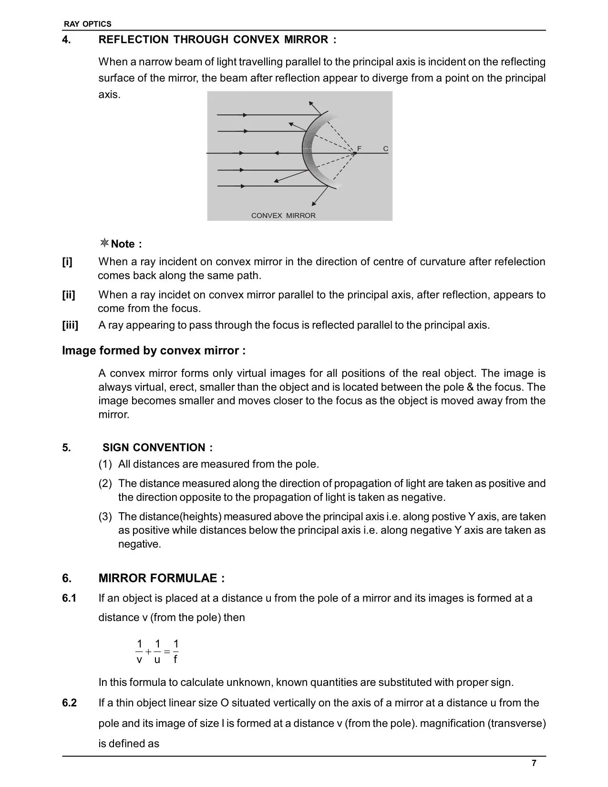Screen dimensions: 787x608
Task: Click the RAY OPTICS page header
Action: pos(88,24)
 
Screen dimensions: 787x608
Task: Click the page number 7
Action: pos(534,763)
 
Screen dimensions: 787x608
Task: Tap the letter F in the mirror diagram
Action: pos(360,149)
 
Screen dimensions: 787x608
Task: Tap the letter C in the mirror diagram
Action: pos(385,149)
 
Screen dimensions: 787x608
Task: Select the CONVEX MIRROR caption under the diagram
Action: pos(283,216)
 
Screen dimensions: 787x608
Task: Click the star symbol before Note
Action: pos(104,243)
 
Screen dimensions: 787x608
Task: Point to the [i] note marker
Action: pos(67,262)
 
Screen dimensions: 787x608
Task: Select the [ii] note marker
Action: pos(69,295)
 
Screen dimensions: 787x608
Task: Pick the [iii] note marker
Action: pos(70,325)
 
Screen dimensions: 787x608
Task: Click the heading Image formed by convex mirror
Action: pos(154,351)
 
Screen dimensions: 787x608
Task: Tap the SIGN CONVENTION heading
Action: pos(157,447)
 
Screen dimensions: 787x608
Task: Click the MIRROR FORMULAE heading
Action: pos(161,578)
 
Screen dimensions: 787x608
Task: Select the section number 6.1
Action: pos(69,598)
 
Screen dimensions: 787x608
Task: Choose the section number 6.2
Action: pos(69,703)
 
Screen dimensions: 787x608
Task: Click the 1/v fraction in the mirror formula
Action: pos(139,652)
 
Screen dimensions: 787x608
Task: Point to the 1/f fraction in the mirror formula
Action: pos(175,652)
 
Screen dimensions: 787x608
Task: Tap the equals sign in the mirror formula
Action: pos(167,652)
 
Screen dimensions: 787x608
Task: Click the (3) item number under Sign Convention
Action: pos(105,517)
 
